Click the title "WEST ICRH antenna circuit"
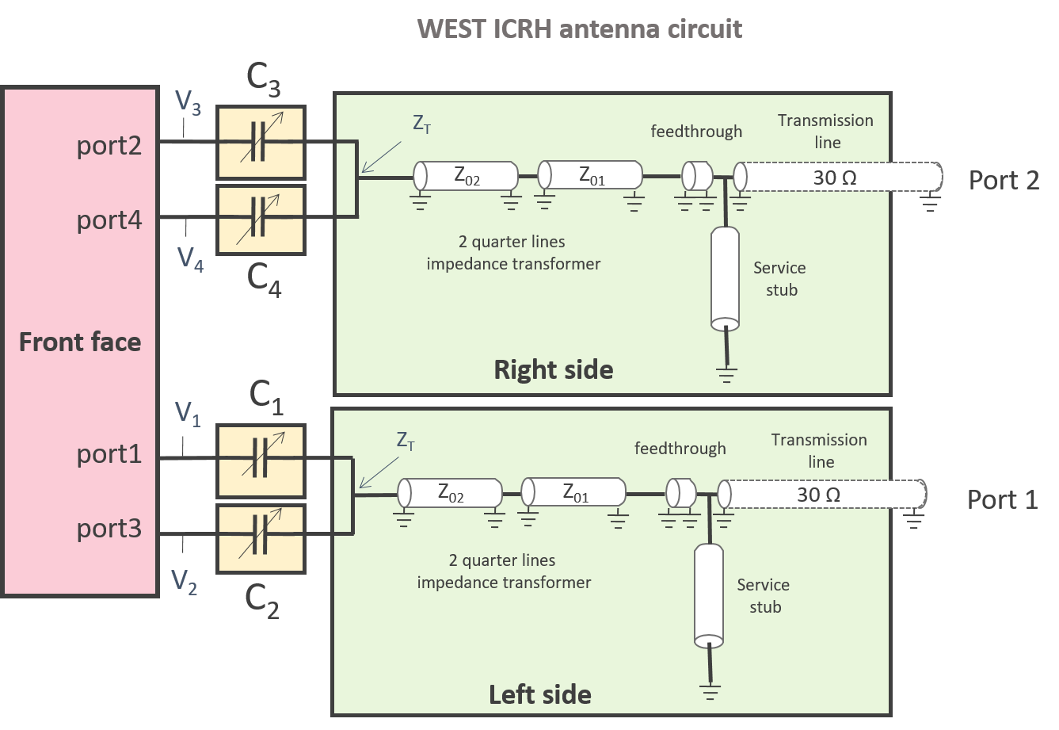click(x=580, y=29)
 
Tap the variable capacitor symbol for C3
click(x=261, y=141)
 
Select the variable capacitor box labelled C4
click(x=261, y=220)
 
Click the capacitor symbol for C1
click(x=261, y=457)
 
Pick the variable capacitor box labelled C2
click(x=261, y=538)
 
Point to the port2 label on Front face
click(x=109, y=146)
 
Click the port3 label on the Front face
click(x=109, y=529)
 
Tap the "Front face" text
click(x=80, y=342)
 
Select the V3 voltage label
click(x=188, y=102)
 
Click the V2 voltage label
click(x=184, y=582)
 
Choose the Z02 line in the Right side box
click(x=466, y=175)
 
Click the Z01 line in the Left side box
click(x=573, y=492)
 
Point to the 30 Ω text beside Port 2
click(x=835, y=178)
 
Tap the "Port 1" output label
click(x=1003, y=499)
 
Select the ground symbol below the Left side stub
click(x=710, y=692)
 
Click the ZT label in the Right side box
click(x=421, y=124)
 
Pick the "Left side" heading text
click(x=540, y=694)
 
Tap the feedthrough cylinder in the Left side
click(x=681, y=492)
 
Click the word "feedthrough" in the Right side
click(x=696, y=132)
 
